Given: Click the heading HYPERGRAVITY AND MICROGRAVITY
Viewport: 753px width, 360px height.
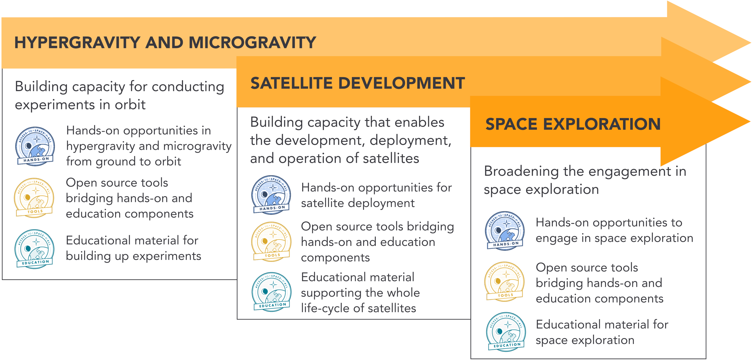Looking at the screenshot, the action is point(165,43).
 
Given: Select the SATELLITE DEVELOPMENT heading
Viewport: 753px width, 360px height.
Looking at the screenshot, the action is point(357,83).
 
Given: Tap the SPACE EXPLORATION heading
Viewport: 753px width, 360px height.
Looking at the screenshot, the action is point(573,124).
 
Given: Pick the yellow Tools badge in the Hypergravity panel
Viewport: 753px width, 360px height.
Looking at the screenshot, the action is point(34,198).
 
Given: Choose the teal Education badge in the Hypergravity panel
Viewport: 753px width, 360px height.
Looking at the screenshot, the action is point(34,249).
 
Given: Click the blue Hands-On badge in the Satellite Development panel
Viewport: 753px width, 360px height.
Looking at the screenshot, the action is point(271,195).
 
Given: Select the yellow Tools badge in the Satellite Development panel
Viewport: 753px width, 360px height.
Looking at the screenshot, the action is point(271,242).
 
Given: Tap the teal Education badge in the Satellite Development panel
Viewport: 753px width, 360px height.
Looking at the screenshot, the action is point(272,292).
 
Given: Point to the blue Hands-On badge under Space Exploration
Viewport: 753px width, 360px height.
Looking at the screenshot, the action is point(505,231).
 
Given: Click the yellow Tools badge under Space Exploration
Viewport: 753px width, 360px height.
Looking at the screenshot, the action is point(505,281).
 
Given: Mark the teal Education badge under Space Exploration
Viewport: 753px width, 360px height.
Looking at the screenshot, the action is point(506,332).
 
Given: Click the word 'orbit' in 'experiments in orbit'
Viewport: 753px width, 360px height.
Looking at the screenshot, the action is point(130,105).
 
